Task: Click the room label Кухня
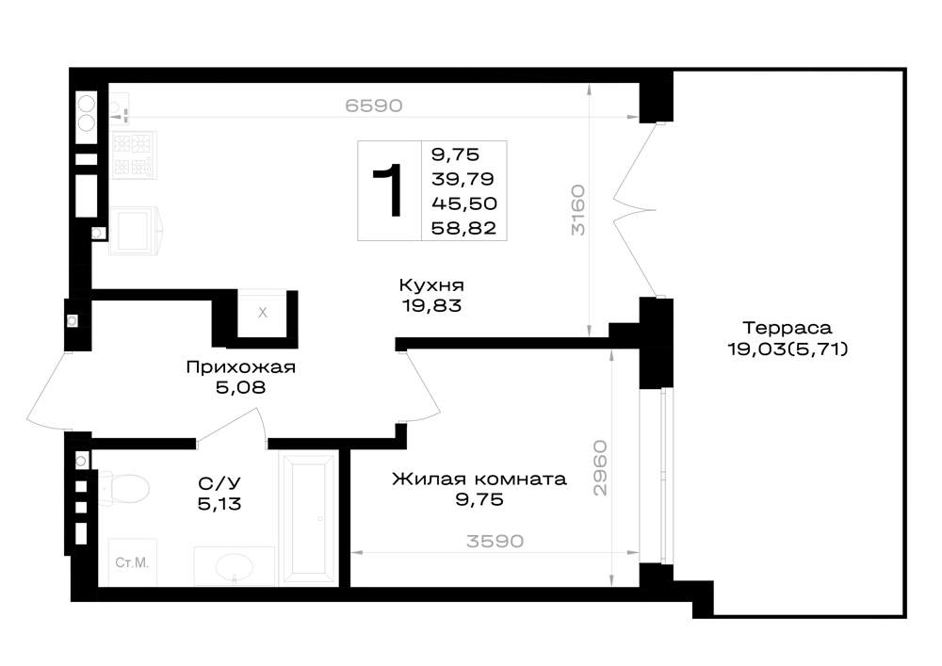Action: (431, 284)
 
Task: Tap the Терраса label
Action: (788, 328)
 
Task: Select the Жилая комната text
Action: (479, 479)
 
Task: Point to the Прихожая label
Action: (241, 367)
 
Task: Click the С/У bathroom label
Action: (219, 483)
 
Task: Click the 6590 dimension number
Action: (374, 106)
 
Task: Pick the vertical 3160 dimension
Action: (577, 209)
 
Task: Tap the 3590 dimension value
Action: (495, 541)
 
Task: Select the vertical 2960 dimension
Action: (600, 468)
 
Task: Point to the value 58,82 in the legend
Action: (463, 228)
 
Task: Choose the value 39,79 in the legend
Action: (463, 179)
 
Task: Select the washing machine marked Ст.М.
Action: (133, 562)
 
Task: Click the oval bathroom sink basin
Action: (235, 566)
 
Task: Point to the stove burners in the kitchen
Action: (134, 154)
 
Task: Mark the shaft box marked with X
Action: (263, 313)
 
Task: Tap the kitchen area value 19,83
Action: (432, 305)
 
